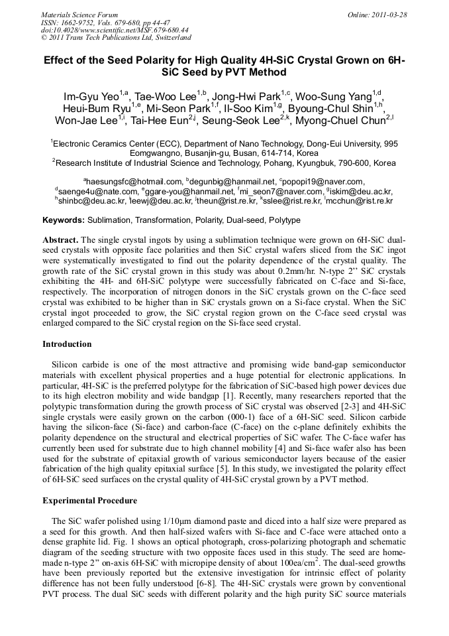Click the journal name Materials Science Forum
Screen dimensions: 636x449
pos(79,14)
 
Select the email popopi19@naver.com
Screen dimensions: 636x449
pos(324,182)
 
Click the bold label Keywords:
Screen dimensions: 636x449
pos(64,220)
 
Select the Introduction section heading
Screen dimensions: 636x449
pos(67,344)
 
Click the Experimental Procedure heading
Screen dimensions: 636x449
pos(89,500)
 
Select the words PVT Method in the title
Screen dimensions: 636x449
pos(257,72)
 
